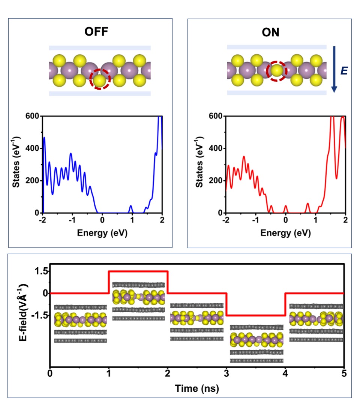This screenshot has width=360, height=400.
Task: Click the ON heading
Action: tap(270, 32)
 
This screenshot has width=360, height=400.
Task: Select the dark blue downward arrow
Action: tap(334, 69)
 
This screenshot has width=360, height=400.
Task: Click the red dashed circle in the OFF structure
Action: tap(100, 79)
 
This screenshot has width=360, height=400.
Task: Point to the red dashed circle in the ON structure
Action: tap(276, 70)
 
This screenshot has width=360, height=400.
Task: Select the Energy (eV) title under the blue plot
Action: tap(102, 233)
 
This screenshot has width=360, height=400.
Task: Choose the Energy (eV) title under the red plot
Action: tap(285, 233)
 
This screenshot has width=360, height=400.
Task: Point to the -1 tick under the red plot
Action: tap(255, 220)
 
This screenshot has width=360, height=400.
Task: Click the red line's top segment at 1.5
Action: tap(138, 271)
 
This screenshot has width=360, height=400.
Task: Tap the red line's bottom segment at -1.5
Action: tap(255, 316)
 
